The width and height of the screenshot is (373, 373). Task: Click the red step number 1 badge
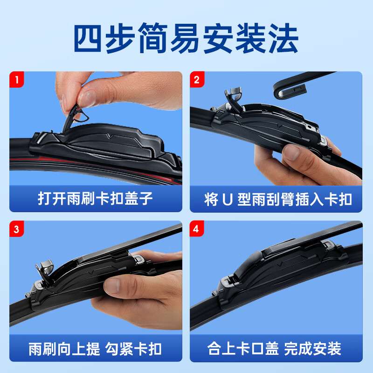17,79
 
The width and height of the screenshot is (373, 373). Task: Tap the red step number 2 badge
196,79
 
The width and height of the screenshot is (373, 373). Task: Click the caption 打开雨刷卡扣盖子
96,199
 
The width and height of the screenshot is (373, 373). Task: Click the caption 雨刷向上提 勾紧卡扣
96,348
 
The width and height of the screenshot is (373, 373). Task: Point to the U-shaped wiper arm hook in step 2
289,86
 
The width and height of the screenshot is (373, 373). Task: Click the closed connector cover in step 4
280,261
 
